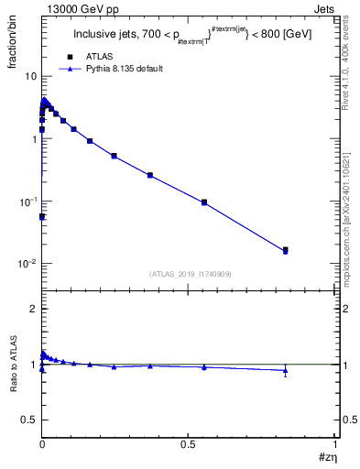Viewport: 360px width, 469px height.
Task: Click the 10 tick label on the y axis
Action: (x=28, y=76)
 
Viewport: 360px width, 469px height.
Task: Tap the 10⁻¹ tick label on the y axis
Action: (x=26, y=202)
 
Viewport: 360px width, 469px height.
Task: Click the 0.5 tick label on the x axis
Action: (x=189, y=443)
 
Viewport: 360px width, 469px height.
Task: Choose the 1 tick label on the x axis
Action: (x=336, y=443)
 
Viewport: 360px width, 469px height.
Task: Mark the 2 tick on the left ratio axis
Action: (x=32, y=309)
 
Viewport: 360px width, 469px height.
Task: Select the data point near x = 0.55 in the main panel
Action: (x=204, y=202)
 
